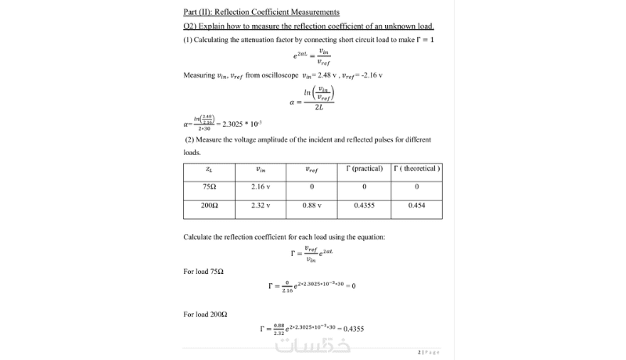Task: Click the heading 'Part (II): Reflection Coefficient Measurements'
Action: coord(261,12)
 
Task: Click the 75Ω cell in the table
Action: coord(209,186)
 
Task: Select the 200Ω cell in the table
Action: coord(209,205)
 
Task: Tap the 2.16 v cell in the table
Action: coord(261,186)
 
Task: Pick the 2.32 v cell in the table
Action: coord(261,205)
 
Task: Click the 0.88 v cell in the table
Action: coord(312,205)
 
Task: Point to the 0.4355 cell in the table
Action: coord(364,205)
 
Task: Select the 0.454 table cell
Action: coord(416,205)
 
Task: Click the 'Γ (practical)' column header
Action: coord(364,168)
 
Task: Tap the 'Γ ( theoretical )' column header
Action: coord(416,168)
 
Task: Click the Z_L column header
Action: coord(209,168)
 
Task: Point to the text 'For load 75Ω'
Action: coord(203,272)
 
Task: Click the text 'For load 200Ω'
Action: coord(205,314)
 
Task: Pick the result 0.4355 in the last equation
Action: coord(354,329)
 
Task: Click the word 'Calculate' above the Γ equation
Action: coord(199,236)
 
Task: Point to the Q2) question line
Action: coord(308,26)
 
